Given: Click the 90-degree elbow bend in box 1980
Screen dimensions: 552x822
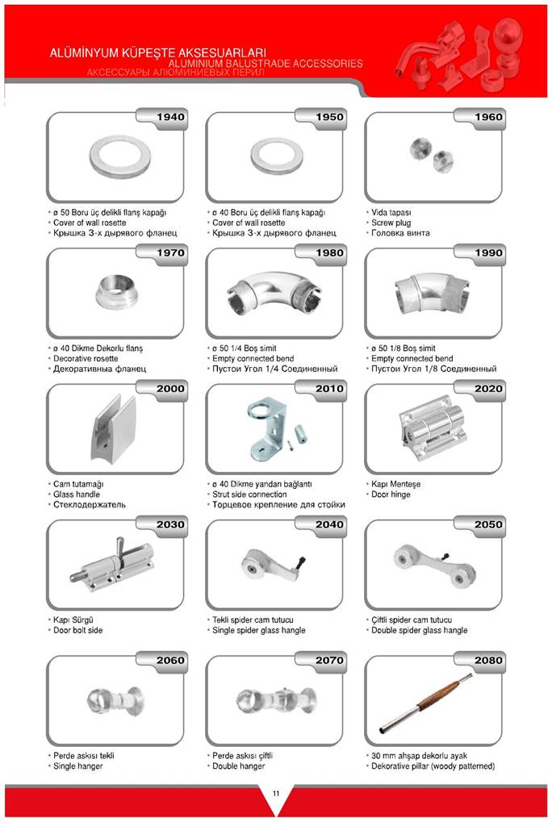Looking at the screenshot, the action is coord(274,293).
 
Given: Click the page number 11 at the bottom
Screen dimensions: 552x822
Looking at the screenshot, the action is coord(276,793).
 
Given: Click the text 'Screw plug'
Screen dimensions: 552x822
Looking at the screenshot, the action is coord(391,223).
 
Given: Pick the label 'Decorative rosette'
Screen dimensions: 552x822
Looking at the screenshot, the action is coord(86,359).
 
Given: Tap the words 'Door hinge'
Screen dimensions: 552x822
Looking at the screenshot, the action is coord(391,494).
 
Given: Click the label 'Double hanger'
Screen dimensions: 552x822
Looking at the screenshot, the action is coord(239,766).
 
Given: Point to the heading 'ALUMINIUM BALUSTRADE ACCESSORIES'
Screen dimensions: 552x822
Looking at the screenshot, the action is coord(266,64).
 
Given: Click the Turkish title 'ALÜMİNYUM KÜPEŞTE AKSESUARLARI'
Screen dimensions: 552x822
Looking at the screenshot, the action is coord(158,53).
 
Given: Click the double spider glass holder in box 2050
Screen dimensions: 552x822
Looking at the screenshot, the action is coord(434,565).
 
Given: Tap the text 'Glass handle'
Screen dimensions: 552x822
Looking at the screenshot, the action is coord(77,494).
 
